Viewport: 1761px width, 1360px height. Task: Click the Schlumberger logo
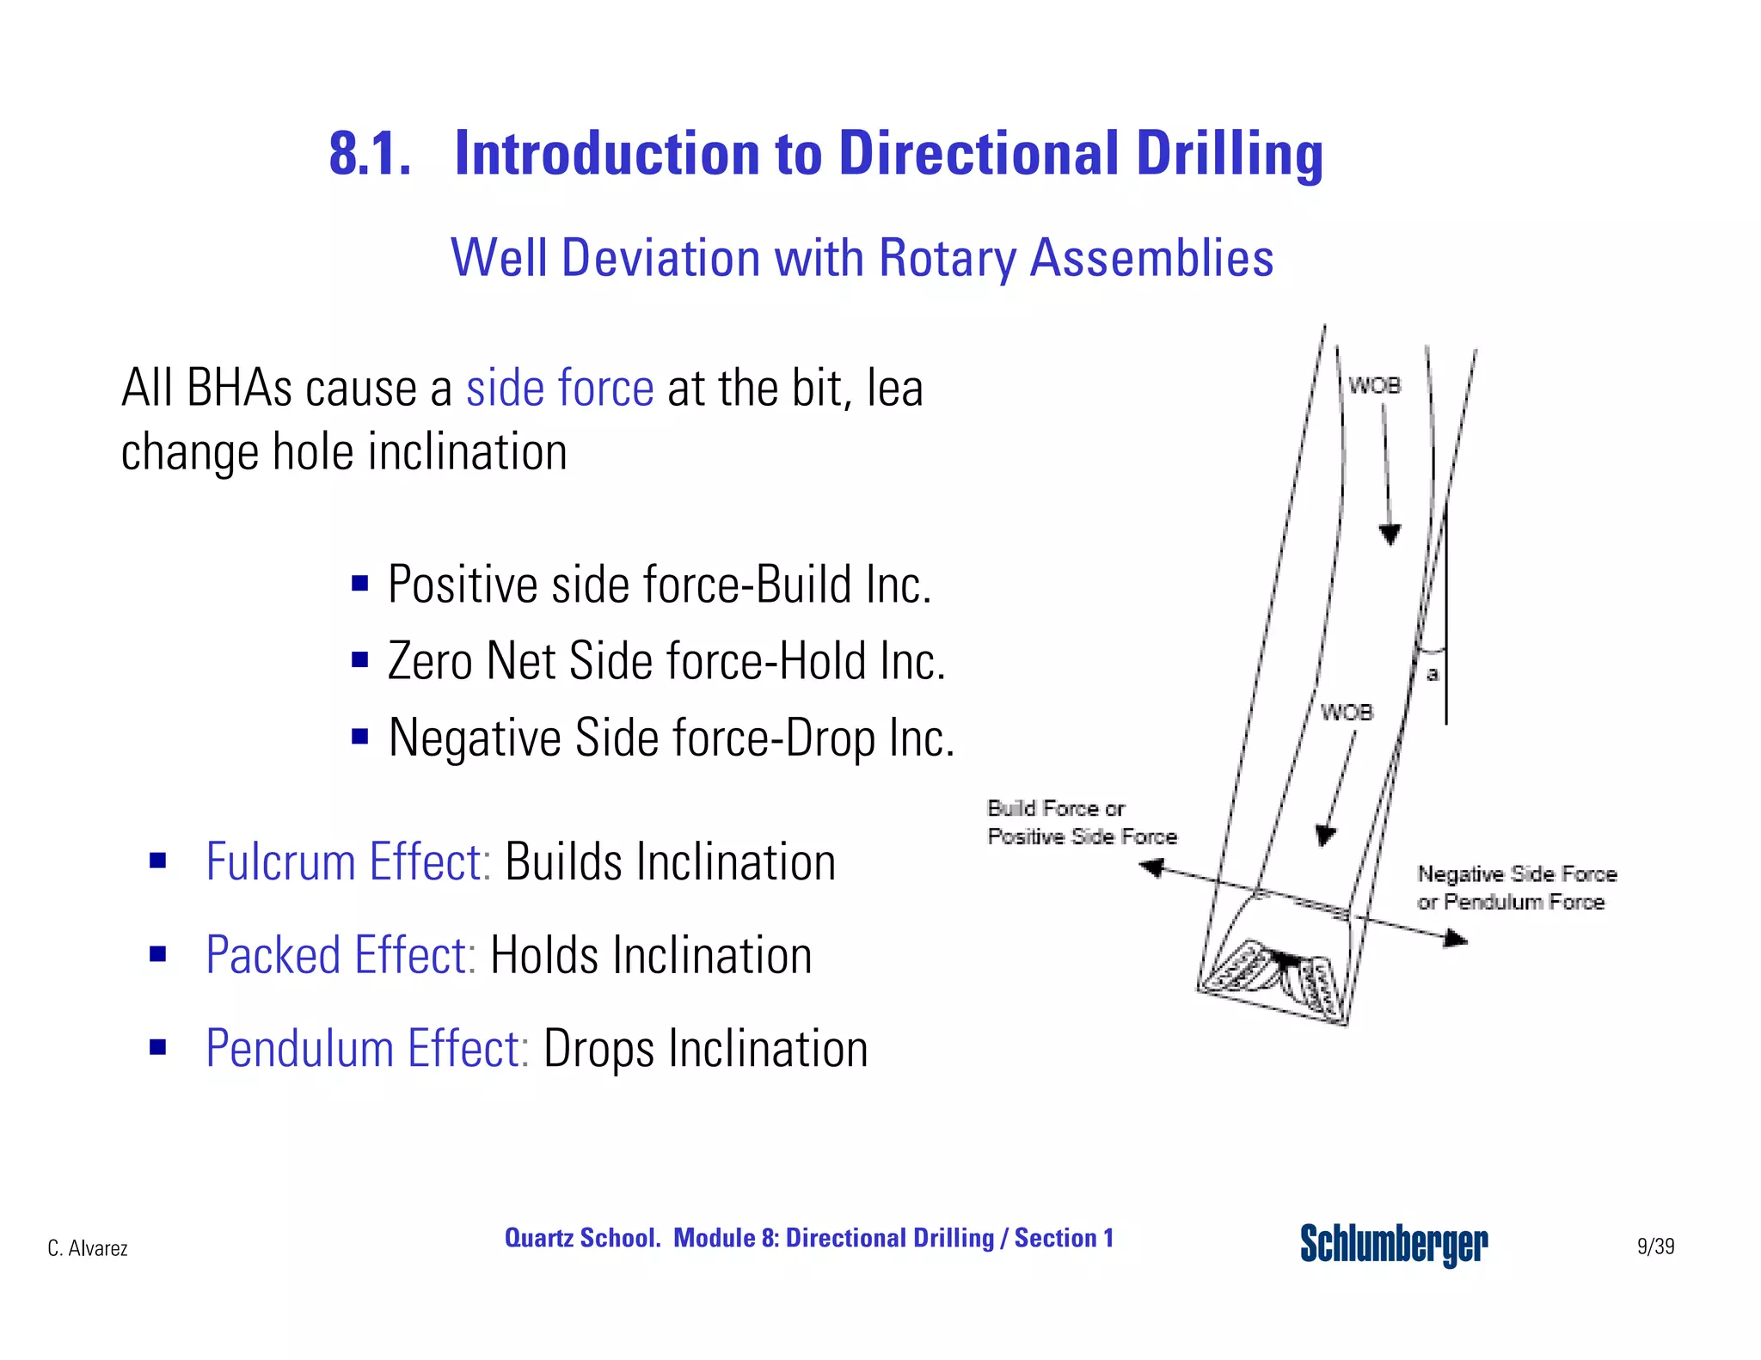tap(1393, 1244)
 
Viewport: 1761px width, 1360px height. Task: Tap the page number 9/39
tap(1655, 1246)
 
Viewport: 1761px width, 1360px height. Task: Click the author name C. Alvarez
tap(88, 1248)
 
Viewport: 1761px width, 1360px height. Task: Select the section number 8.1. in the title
tap(370, 155)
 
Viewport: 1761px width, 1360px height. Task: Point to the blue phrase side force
tap(560, 388)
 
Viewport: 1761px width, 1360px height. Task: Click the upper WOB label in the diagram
tap(1374, 386)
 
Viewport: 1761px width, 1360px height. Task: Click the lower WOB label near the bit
tap(1347, 713)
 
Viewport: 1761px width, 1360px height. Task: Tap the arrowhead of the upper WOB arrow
tap(1390, 535)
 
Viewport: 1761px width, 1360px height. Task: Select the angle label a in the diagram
tap(1433, 674)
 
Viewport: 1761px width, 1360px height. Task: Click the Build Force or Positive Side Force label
tap(1080, 822)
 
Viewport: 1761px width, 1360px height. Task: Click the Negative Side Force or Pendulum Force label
tap(1516, 888)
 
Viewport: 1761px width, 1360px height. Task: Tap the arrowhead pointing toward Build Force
tap(1152, 868)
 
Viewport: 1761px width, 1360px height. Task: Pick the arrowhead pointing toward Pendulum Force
tap(1455, 939)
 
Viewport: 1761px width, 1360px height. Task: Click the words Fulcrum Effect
tap(347, 861)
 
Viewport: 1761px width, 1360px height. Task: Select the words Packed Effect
tap(341, 955)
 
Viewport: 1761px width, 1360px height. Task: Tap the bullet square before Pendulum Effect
tap(157, 1047)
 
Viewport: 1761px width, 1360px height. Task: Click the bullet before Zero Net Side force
tap(359, 660)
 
